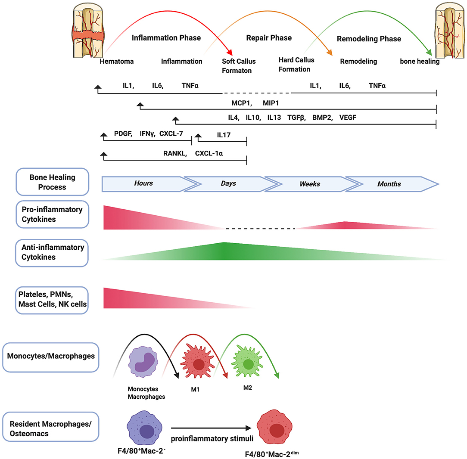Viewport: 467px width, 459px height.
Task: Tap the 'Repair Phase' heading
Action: coord(269,38)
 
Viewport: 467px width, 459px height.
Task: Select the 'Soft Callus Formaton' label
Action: coord(237,66)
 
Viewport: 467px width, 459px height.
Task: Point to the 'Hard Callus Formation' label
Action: coord(296,65)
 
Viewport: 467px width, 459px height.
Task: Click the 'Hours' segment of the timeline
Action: coord(143,183)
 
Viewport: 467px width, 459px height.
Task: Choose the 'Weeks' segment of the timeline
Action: coord(310,184)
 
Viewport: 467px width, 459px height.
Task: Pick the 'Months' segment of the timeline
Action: coord(389,184)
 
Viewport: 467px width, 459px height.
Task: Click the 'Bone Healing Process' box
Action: coord(52,182)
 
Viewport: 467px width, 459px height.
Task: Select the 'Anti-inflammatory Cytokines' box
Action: coord(52,252)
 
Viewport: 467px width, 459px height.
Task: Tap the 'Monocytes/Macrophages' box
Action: coord(51,357)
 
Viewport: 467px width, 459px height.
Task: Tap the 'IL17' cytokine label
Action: coord(224,135)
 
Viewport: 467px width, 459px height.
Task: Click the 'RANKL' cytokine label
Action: coord(175,153)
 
